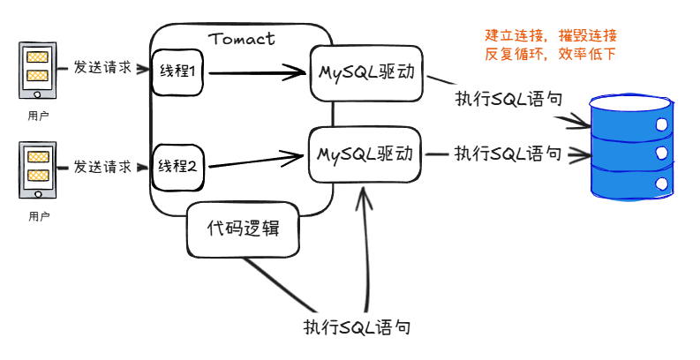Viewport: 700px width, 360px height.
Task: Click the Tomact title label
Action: pyautogui.click(x=242, y=39)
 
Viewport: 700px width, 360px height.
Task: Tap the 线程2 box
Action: pyautogui.click(x=178, y=165)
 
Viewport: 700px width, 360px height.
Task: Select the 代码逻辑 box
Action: pyautogui.click(x=243, y=229)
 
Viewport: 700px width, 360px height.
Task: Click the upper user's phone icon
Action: pyautogui.click(x=37, y=71)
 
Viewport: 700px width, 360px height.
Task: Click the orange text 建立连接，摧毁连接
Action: pyautogui.click(x=551, y=36)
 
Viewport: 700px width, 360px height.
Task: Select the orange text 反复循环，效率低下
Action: pyautogui.click(x=551, y=54)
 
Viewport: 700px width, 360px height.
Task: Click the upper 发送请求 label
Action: pyautogui.click(x=103, y=68)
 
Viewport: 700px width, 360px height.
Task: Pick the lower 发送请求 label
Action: pyautogui.click(x=103, y=166)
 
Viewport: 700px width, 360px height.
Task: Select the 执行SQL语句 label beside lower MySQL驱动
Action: pyautogui.click(x=508, y=154)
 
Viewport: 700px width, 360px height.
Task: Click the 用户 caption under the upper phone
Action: pyautogui.click(x=38, y=116)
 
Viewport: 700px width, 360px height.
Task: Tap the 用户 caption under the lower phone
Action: pyautogui.click(x=38, y=216)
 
